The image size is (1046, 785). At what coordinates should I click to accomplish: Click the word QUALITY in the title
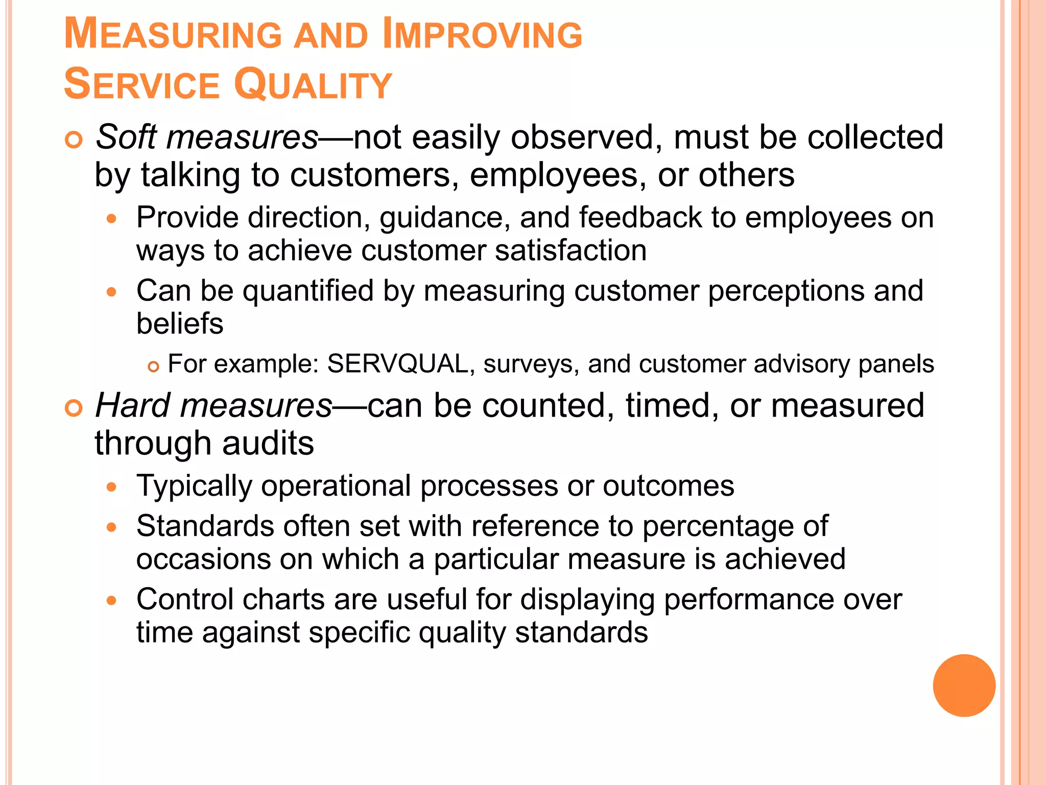click(313, 84)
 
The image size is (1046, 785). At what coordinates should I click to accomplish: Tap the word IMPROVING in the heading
click(482, 34)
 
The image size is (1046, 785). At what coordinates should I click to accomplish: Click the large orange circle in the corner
click(964, 685)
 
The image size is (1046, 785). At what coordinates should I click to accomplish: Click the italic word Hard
click(133, 406)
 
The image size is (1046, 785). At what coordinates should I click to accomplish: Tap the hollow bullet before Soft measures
click(74, 140)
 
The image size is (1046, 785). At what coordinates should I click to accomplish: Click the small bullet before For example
click(153, 366)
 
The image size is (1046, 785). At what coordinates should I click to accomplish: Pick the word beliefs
click(180, 324)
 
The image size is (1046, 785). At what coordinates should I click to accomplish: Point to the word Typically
click(194, 486)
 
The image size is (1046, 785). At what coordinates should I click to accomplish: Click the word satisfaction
click(570, 250)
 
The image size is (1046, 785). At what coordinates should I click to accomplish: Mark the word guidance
click(444, 218)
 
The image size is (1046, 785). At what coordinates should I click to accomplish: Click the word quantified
click(308, 291)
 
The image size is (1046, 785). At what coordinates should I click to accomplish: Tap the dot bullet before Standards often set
click(112, 527)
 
